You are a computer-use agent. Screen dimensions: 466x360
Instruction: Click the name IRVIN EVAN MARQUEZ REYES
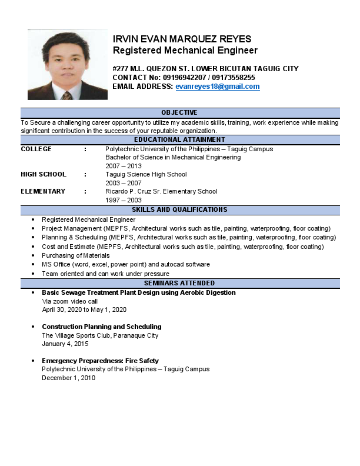(x=182, y=39)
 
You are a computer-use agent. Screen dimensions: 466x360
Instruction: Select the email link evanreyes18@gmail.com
(x=217, y=86)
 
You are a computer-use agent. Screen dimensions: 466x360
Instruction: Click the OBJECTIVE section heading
(x=179, y=112)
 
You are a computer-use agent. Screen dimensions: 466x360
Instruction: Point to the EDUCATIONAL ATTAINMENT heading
(x=179, y=140)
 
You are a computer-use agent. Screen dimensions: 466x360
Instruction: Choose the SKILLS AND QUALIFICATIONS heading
(x=179, y=209)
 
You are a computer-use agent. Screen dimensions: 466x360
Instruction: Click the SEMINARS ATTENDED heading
(x=179, y=284)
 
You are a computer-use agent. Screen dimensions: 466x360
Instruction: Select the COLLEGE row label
(x=36, y=149)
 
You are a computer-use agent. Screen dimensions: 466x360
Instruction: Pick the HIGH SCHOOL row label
(x=44, y=174)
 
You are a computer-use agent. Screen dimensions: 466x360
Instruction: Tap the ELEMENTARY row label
(x=43, y=191)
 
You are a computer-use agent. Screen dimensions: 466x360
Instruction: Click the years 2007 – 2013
(x=124, y=166)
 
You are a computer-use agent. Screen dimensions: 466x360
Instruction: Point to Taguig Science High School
(x=146, y=174)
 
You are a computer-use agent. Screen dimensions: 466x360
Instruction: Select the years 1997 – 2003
(x=124, y=200)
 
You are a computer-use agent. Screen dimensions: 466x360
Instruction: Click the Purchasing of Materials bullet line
(x=75, y=255)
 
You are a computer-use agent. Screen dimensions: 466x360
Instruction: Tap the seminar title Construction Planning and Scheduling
(x=101, y=327)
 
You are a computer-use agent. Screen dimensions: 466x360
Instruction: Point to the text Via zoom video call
(x=69, y=301)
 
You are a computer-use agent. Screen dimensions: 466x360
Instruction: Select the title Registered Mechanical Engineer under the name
(x=185, y=51)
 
